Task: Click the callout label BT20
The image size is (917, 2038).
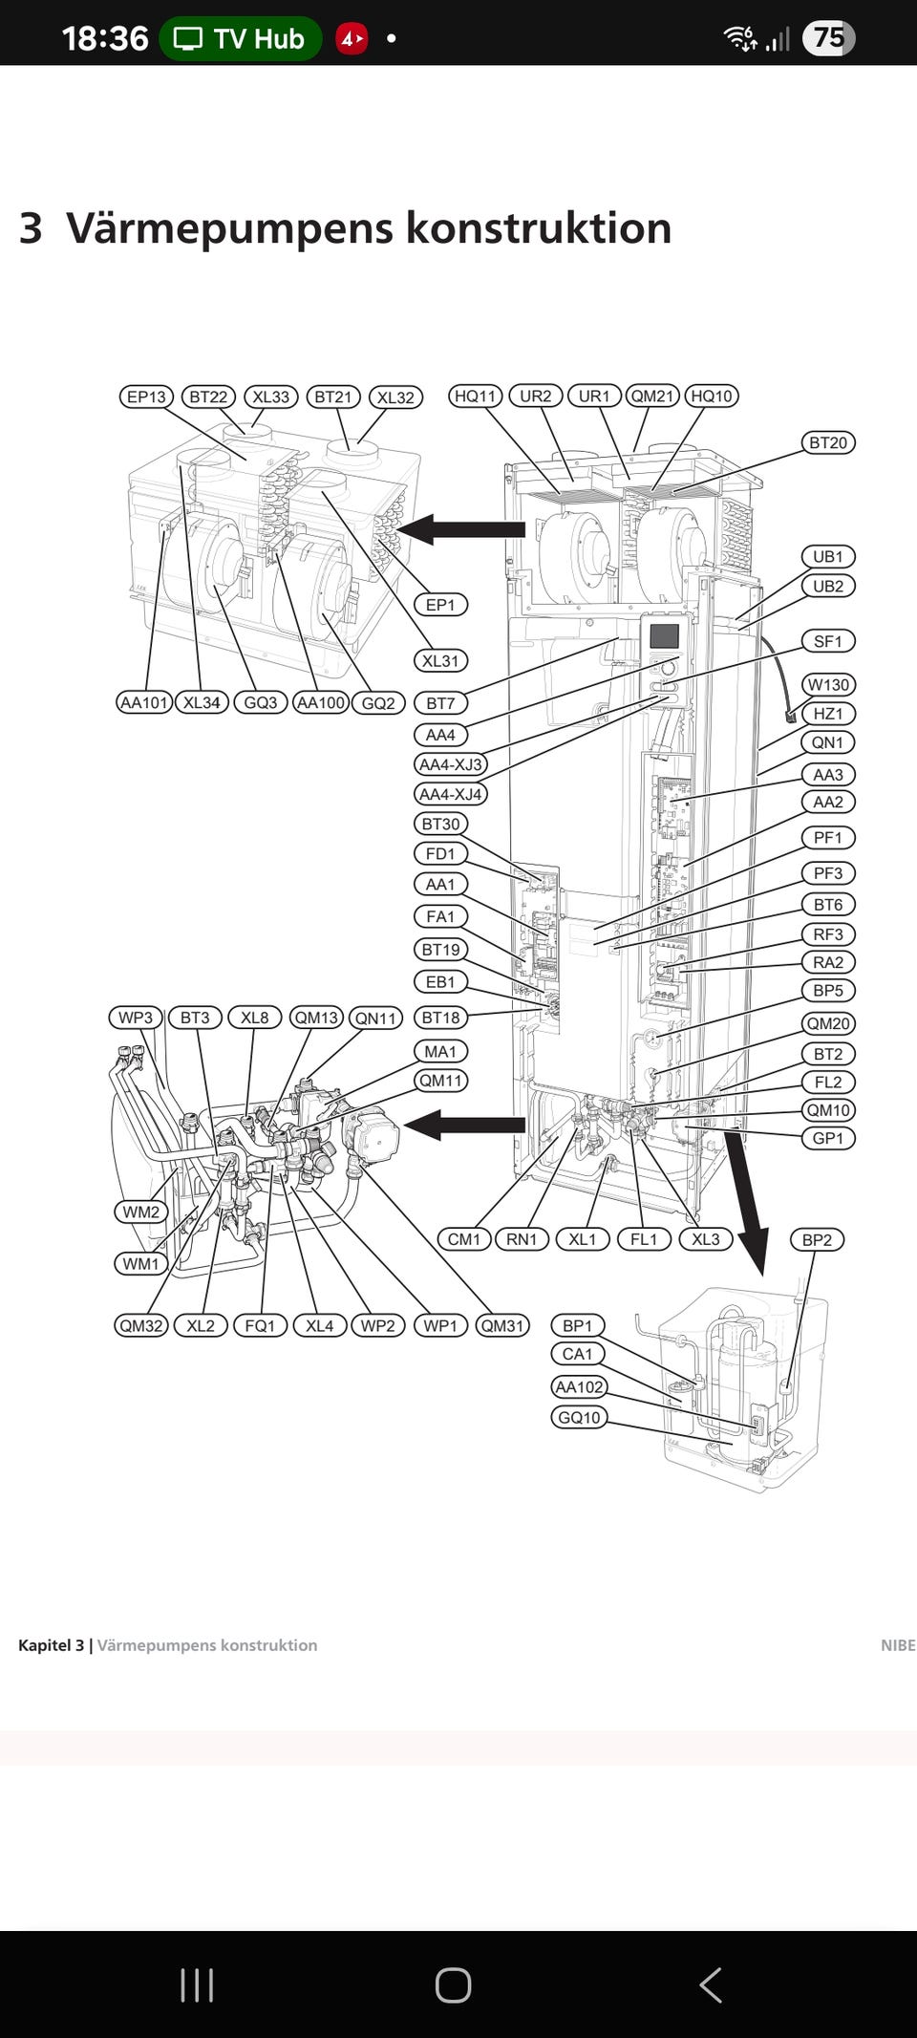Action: [x=827, y=442]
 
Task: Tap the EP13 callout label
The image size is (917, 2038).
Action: [x=146, y=397]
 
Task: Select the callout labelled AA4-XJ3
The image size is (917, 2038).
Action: [x=451, y=764]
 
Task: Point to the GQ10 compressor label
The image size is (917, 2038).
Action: [x=579, y=1417]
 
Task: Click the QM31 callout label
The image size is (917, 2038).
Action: [x=502, y=1325]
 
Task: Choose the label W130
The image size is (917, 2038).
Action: [x=827, y=684]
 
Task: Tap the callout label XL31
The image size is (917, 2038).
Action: [x=440, y=660]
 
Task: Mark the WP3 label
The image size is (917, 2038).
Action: [x=136, y=1018]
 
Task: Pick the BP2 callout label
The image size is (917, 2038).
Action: [x=817, y=1239]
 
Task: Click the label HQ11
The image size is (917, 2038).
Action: [x=476, y=396]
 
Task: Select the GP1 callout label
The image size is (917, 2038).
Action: [x=827, y=1138]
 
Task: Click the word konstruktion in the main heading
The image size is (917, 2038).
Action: [x=538, y=228]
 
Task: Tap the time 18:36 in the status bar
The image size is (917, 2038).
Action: [x=105, y=38]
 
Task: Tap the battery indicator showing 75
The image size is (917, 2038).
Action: [x=828, y=38]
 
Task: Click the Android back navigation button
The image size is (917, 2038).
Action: [x=710, y=1984]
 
